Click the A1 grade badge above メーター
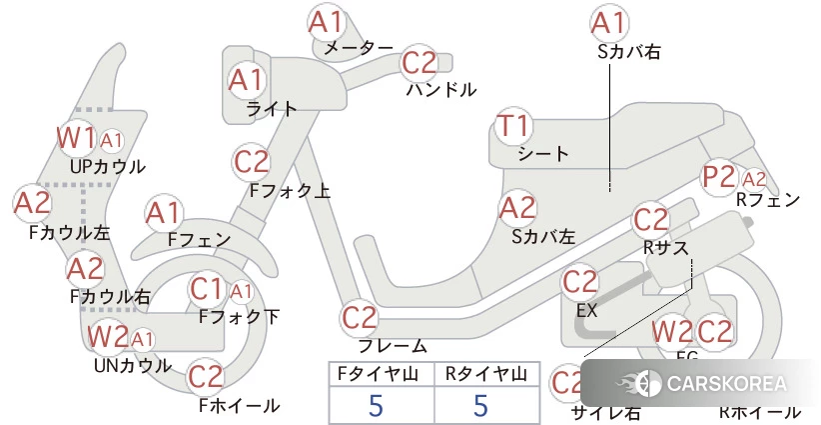coord(326,22)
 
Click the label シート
coord(543,154)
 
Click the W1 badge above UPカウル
coord(76,137)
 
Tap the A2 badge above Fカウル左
coord(32,203)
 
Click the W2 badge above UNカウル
coord(108,337)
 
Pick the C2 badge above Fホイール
coord(206,377)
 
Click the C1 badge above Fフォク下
coord(207,289)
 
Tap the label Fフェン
coord(199,240)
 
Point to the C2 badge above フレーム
coord(360,318)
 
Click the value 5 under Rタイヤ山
coord(480,405)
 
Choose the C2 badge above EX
coord(580,282)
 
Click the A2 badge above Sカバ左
coord(517,208)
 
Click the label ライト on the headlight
coord(271,109)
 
